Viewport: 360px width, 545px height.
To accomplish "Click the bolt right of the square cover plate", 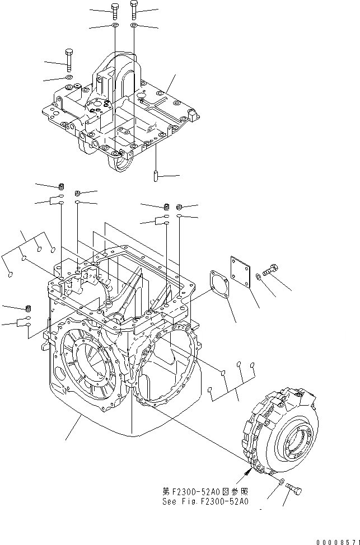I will (x=272, y=270).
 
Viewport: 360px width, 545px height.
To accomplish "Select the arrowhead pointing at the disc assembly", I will (x=246, y=473).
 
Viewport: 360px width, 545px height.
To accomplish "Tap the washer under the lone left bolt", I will (x=68, y=77).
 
